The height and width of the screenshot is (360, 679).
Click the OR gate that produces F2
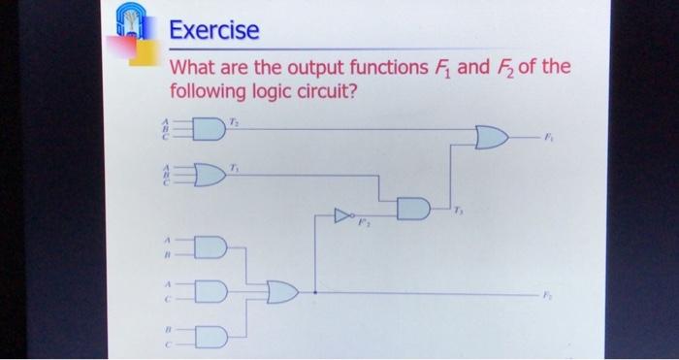(x=282, y=291)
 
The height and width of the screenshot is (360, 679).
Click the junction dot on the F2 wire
(x=315, y=291)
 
